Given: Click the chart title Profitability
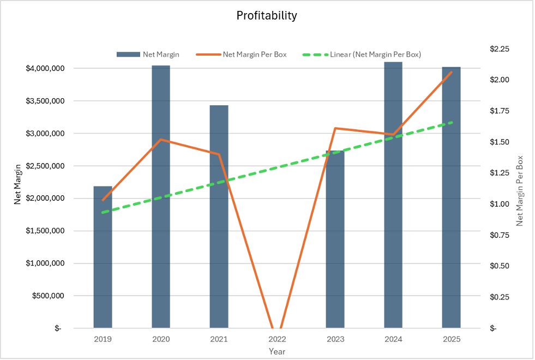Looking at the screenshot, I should [267, 15].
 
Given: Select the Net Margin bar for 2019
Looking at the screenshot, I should [103, 257].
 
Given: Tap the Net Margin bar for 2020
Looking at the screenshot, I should [161, 196].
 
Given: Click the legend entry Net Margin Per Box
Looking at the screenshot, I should [255, 55].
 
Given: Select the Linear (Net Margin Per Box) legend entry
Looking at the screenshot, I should [375, 55].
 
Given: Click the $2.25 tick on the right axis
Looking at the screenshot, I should [500, 49].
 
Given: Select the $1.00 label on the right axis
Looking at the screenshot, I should [500, 204].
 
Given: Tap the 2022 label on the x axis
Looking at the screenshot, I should [277, 339].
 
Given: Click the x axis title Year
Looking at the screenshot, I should [277, 352].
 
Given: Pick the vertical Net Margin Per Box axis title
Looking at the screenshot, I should [520, 191].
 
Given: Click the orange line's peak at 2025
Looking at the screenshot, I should [452, 72].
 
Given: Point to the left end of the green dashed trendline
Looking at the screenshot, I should [103, 212].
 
